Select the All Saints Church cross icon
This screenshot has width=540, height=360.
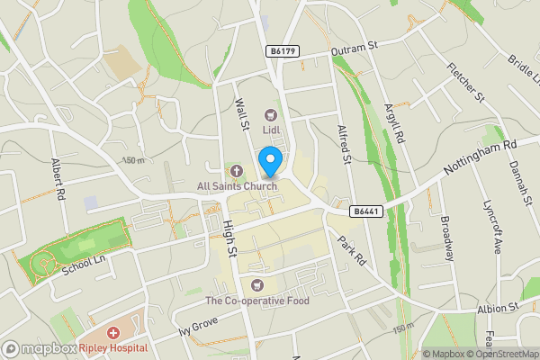click(237, 170)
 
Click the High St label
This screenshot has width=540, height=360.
click(229, 239)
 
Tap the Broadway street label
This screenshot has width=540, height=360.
click(447, 238)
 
